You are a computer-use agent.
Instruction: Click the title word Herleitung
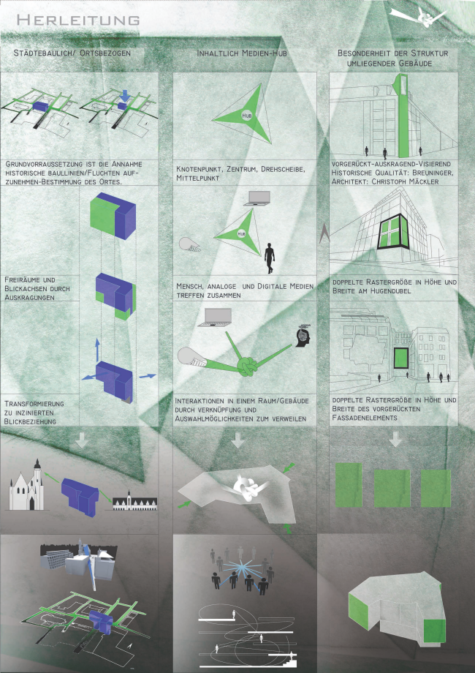tap(78, 20)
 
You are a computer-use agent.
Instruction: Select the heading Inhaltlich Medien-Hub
tap(242, 53)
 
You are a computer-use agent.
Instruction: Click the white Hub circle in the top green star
tap(246, 115)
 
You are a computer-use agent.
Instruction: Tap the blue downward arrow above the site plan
tap(123, 95)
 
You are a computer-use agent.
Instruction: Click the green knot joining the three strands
tap(247, 366)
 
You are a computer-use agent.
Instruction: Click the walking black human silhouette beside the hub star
tap(269, 258)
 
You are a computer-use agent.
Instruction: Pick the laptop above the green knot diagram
tap(214, 317)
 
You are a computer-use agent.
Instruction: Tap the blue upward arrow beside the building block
tap(97, 349)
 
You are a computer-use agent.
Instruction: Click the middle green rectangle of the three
tap(392, 489)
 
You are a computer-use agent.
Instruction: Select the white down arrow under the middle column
tap(237, 440)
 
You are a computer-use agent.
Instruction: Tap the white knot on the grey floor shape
tap(247, 488)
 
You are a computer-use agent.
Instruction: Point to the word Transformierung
tap(34, 404)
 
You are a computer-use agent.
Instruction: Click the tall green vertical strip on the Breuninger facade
tap(402, 116)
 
